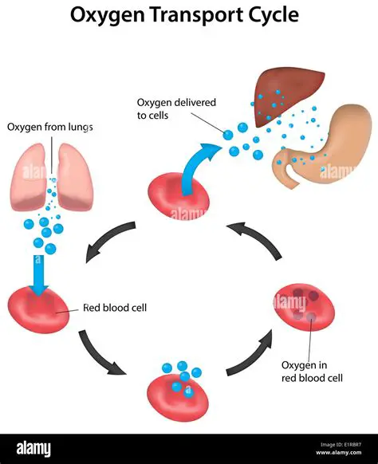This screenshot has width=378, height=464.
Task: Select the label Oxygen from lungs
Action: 49,127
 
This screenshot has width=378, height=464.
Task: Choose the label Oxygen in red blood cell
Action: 313,371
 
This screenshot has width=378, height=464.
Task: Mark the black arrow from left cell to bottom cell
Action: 102,352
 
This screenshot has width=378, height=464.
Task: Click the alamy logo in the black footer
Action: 36,448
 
